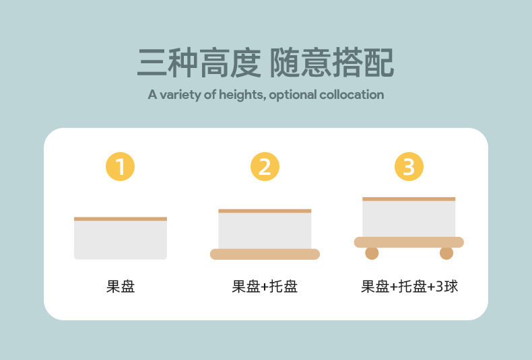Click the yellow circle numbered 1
pyautogui.click(x=121, y=167)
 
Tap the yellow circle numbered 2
pyautogui.click(x=265, y=167)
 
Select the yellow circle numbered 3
pyautogui.click(x=409, y=167)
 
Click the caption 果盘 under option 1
pyautogui.click(x=121, y=287)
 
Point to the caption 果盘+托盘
pyautogui.click(x=265, y=287)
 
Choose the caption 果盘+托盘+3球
pyautogui.click(x=409, y=287)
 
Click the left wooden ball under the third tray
pyautogui.click(x=372, y=253)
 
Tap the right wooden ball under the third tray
pyautogui.click(x=446, y=253)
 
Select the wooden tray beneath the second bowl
pyautogui.click(x=265, y=254)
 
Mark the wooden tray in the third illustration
pyautogui.click(x=409, y=242)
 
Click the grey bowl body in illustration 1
pyautogui.click(x=121, y=240)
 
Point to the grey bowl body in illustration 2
pyautogui.click(x=265, y=231)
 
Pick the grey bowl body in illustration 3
pyautogui.click(x=409, y=219)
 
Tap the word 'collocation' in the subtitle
pyautogui.click(x=350, y=95)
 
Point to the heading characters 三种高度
pyautogui.click(x=199, y=63)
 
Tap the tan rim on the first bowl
pyautogui.click(x=121, y=219)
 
